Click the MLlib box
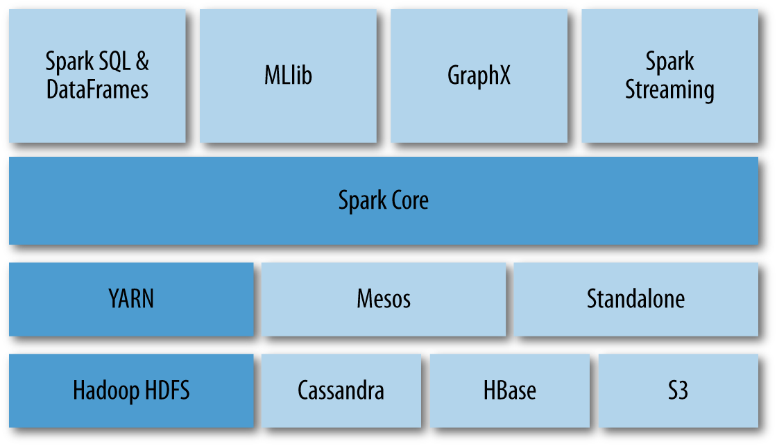point(288,76)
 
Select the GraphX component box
point(479,76)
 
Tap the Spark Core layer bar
point(383,200)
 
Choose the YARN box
point(131,299)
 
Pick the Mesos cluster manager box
point(384,299)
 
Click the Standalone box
point(635,299)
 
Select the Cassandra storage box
point(341,391)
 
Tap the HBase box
point(509,391)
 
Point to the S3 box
point(678,391)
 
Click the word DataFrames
point(97,90)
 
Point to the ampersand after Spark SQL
point(142,62)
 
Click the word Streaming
point(669,90)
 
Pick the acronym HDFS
point(162,391)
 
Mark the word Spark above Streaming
point(669,62)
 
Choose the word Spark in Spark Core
point(361,200)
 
